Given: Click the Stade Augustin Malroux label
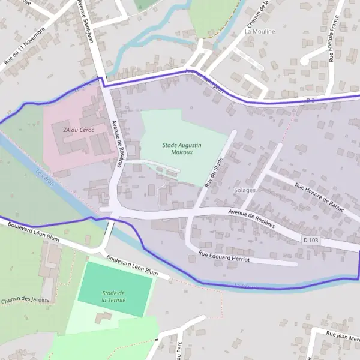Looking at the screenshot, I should click(182, 149).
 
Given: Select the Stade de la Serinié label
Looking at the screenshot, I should click(113, 296).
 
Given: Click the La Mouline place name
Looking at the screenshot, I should click(260, 31).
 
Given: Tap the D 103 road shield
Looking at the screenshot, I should click(310, 239).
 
